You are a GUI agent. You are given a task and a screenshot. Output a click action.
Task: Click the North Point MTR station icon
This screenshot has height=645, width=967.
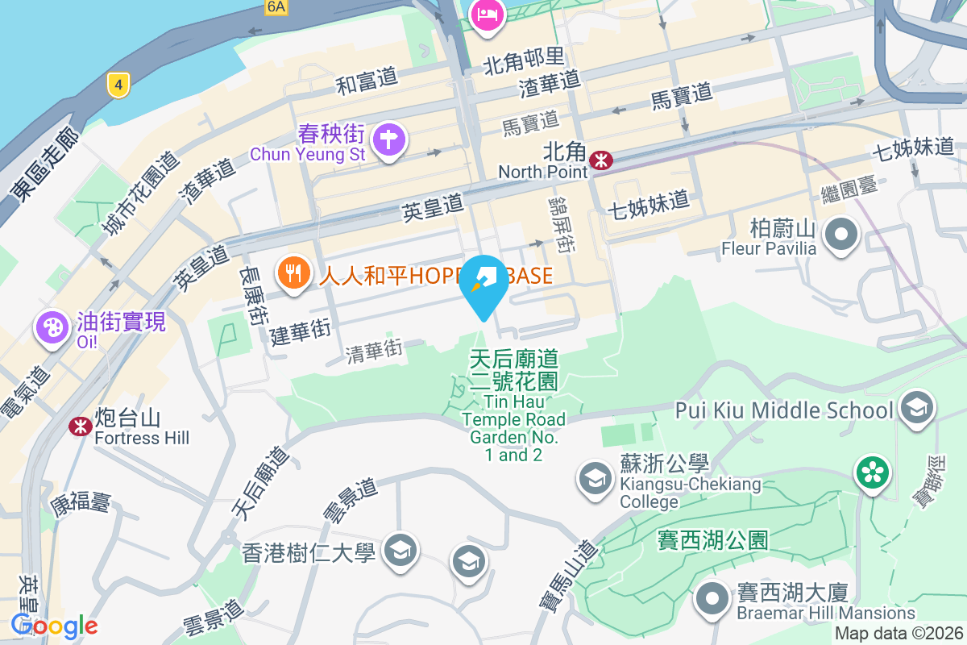[600, 160]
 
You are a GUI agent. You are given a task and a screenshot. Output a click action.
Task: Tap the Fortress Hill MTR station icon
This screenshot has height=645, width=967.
[79, 426]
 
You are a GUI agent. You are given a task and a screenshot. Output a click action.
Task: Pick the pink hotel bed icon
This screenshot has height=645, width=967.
[488, 15]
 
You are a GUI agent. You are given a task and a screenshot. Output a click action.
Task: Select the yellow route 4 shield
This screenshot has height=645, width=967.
[118, 84]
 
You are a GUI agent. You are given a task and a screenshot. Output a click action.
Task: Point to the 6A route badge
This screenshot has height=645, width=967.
[276, 7]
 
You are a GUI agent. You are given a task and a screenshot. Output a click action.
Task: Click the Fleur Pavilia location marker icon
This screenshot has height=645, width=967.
[842, 234]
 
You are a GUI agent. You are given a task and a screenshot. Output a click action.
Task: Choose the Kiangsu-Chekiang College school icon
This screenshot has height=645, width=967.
[596, 478]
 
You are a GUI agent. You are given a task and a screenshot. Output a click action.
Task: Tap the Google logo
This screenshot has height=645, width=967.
[54, 625]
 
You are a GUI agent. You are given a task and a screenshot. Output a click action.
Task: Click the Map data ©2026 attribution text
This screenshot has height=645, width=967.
[899, 634]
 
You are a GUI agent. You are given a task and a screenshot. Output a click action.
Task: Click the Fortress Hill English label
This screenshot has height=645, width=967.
[142, 438]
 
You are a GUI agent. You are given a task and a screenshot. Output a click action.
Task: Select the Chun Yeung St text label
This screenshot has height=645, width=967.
[308, 153]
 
